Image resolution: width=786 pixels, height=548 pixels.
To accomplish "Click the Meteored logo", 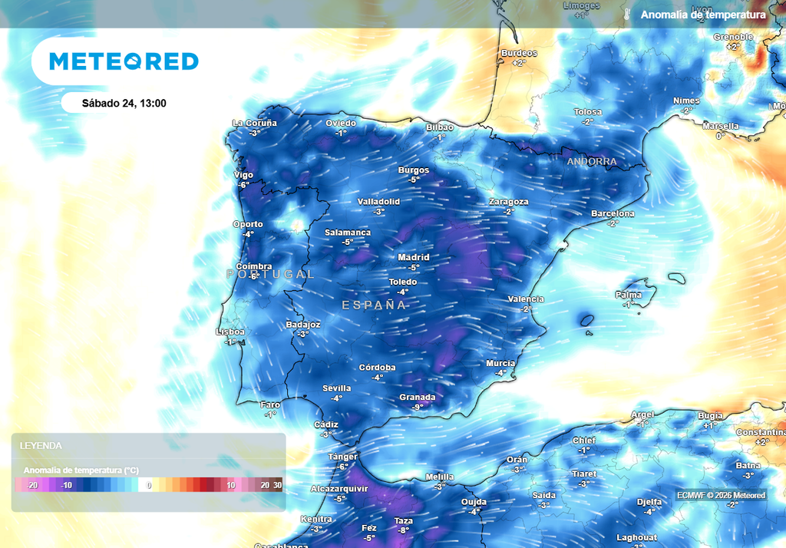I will click(124, 61).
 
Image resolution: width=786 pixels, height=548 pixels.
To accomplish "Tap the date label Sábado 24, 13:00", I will click(124, 104).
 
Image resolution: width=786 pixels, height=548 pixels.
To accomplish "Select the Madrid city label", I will click(414, 257).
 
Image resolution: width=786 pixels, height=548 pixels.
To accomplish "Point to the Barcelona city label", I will click(613, 213).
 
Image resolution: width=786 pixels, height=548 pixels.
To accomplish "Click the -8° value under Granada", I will click(418, 408).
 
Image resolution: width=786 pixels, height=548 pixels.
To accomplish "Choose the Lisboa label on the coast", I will click(230, 332).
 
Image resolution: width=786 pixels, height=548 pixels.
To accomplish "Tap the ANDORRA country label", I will click(591, 162).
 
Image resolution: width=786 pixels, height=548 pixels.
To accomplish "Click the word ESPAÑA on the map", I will click(374, 305).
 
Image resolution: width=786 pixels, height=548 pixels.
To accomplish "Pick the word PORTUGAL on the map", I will click(270, 274).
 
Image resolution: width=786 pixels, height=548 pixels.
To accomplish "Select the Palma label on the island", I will click(628, 295).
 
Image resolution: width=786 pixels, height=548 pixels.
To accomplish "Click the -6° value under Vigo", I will click(243, 185).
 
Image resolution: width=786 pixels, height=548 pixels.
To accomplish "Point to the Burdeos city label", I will click(519, 53).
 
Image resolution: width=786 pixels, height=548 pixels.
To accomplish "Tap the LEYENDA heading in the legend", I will click(41, 445).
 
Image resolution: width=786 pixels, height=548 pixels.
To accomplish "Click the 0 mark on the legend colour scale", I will click(150, 485).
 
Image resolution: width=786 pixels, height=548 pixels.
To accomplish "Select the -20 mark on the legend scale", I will click(32, 485).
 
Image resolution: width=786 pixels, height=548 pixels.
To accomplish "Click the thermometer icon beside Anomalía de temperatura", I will click(626, 15).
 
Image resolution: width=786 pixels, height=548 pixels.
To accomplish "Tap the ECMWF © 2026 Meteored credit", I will click(721, 495).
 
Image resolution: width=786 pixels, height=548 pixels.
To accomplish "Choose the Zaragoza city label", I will click(508, 202).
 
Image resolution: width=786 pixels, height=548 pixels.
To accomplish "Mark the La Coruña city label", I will click(255, 123).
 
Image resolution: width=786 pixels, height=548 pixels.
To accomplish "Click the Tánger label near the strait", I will click(343, 457).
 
